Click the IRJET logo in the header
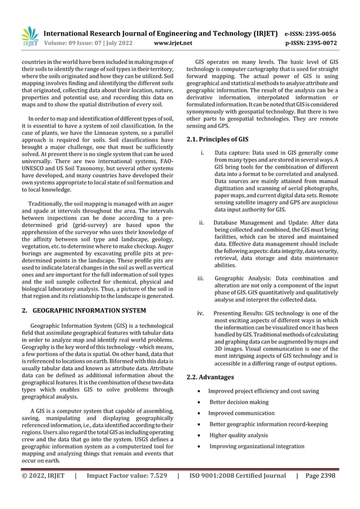(29, 35)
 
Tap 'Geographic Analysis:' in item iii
(243, 278)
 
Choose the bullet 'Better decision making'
(239, 402)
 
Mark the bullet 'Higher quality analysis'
(239, 435)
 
